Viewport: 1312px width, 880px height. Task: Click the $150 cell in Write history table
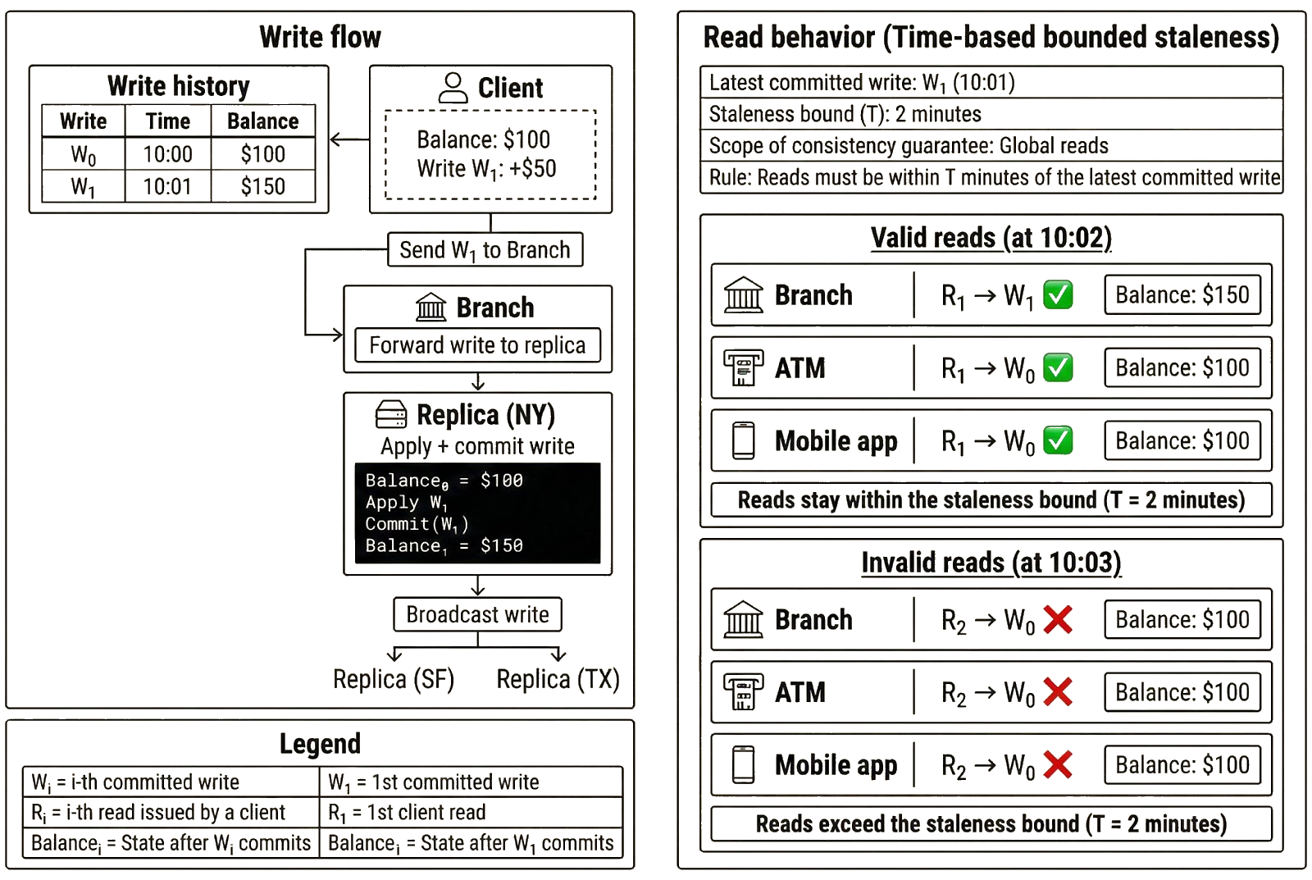[263, 186]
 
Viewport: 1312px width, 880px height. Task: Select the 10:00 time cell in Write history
[167, 154]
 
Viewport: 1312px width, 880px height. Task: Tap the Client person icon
[453, 88]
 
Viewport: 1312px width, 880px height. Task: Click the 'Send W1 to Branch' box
[485, 250]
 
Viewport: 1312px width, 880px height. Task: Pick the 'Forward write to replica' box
[477, 345]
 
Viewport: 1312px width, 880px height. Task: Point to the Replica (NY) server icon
[391, 415]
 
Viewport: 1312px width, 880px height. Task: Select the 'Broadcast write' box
[477, 614]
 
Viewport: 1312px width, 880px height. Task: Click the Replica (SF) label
[394, 679]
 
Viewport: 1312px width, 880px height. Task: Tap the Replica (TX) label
[558, 679]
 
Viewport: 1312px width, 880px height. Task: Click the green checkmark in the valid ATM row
[1058, 368]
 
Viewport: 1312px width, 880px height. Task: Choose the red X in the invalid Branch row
[1058, 620]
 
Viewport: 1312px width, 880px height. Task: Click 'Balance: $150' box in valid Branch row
[1182, 295]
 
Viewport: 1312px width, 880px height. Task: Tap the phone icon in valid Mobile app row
[744, 441]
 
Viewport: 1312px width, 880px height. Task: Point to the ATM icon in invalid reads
[744, 692]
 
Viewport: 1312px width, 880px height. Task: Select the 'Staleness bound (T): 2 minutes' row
[991, 114]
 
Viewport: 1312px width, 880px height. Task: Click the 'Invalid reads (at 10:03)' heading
[991, 563]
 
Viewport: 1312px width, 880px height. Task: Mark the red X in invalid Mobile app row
[1058, 765]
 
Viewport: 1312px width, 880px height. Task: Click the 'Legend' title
[320, 743]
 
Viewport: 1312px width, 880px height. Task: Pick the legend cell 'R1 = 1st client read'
[470, 813]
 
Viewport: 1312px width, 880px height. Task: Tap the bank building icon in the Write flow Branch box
[431, 308]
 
